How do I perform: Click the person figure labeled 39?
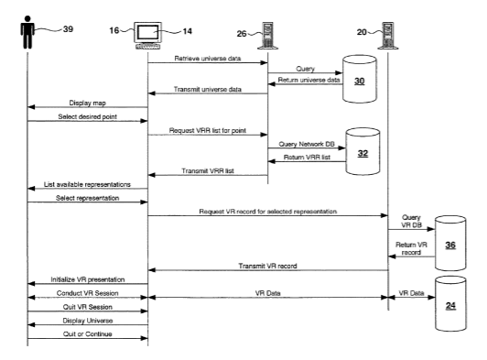click(27, 32)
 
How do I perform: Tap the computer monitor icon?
click(148, 36)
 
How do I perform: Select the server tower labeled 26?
click(267, 36)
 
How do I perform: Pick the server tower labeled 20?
click(388, 36)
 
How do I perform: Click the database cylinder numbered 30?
click(360, 79)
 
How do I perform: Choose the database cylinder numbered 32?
click(363, 151)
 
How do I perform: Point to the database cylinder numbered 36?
click(450, 243)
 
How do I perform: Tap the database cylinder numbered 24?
click(450, 304)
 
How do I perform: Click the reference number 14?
click(187, 31)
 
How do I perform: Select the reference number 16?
click(114, 30)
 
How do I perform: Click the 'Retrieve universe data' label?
click(208, 58)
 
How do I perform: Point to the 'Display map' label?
click(87, 103)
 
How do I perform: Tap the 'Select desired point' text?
click(87, 116)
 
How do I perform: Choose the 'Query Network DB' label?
click(307, 144)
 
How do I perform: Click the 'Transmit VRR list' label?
click(208, 170)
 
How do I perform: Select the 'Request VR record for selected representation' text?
click(267, 212)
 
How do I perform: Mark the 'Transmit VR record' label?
click(267, 266)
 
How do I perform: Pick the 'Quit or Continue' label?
click(87, 333)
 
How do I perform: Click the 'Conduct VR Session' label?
click(87, 293)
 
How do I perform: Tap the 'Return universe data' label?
click(308, 80)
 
